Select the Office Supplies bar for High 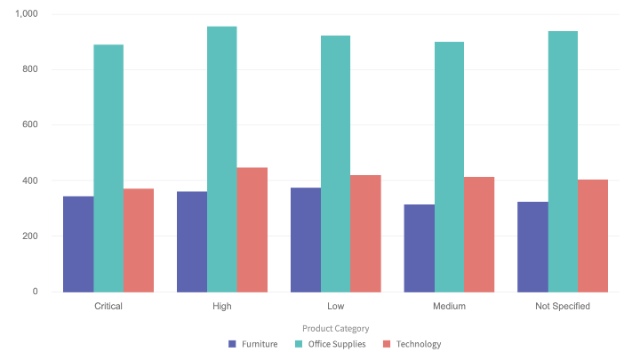point(222,159)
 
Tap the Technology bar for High point(252,229)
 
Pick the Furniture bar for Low point(306,240)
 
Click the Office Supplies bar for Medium point(449,166)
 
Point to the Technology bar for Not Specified point(593,236)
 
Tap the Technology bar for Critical point(139,240)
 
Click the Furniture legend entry point(253,344)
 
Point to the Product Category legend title point(335,328)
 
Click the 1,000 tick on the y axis point(27,14)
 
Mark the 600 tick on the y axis point(30,125)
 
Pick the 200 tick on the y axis point(30,236)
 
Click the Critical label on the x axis point(108,306)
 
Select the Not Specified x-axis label point(563,306)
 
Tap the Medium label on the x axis point(449,306)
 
